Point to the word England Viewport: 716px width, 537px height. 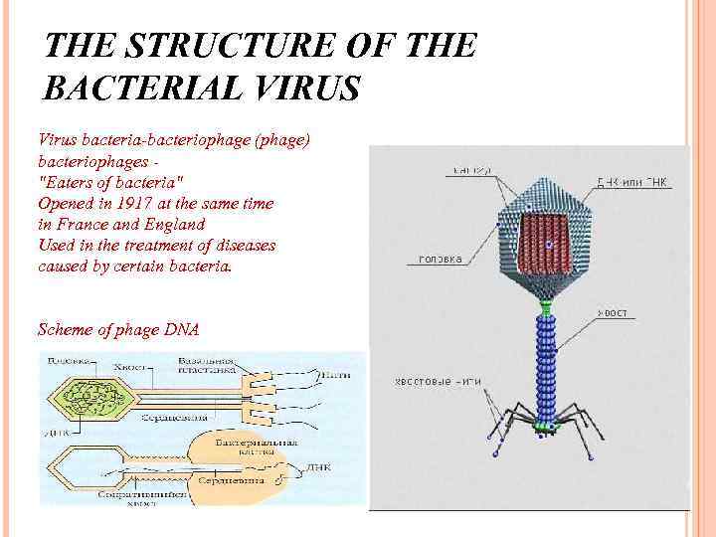(169, 224)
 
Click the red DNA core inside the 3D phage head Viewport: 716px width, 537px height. (542, 242)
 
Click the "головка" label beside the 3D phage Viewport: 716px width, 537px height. (439, 260)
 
